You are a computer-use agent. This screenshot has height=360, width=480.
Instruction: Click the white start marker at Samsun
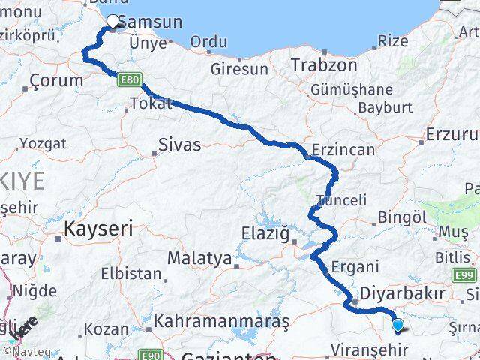(x=113, y=22)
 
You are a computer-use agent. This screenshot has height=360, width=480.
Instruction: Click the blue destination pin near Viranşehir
(x=398, y=325)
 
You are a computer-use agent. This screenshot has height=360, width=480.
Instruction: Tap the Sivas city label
(x=179, y=144)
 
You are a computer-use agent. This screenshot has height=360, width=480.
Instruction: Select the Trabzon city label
(x=324, y=64)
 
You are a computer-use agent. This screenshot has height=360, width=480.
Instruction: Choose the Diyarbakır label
(x=413, y=292)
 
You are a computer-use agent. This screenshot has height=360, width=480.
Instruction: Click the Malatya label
(x=199, y=258)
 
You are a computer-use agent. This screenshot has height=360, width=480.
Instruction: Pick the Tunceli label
(x=341, y=200)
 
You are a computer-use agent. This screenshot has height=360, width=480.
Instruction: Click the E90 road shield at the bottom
(x=151, y=354)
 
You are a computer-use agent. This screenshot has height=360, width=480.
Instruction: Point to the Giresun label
(x=239, y=69)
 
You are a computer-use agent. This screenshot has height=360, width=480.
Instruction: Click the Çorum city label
(x=56, y=80)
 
